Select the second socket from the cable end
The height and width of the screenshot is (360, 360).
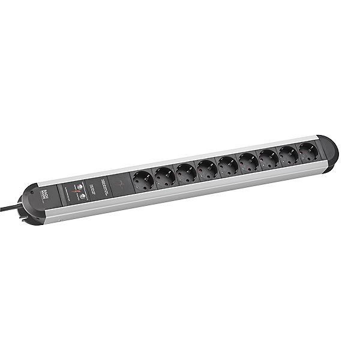[164, 175]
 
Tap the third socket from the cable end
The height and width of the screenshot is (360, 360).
[185, 172]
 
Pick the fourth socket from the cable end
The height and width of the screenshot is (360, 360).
[206, 168]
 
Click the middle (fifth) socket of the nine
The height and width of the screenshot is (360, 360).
[227, 164]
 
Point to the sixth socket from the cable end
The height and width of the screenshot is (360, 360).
[248, 161]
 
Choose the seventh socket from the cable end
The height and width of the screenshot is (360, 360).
[268, 157]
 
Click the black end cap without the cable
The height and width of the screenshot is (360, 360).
[329, 151]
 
